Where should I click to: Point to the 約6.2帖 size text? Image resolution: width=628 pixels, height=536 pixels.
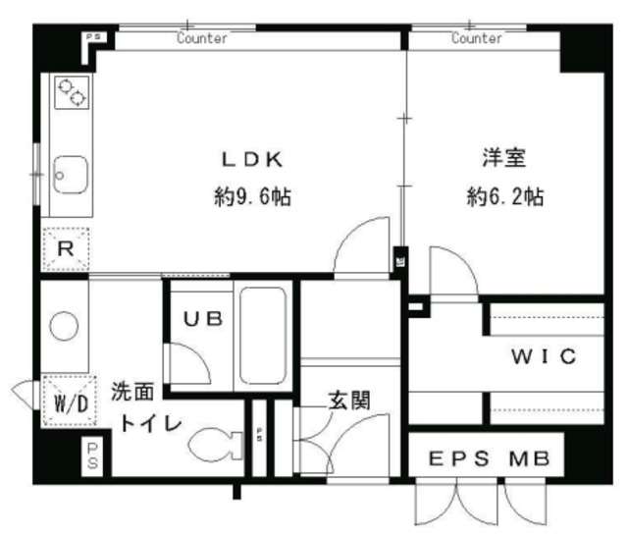[504, 196]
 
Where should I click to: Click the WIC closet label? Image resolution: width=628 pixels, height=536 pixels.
[543, 355]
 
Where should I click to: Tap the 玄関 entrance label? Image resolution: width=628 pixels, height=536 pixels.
[348, 401]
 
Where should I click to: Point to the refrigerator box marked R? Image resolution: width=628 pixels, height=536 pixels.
[66, 249]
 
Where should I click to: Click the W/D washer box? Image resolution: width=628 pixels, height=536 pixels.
[66, 402]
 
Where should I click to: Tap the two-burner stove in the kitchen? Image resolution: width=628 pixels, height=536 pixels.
[71, 95]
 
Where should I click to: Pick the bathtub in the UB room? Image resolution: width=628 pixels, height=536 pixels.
[262, 336]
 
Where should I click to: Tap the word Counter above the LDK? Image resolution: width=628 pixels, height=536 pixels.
[202, 38]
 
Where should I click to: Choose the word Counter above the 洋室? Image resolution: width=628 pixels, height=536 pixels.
[477, 38]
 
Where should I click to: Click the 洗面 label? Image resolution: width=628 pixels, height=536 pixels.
[131, 391]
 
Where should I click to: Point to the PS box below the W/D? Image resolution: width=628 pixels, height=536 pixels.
[92, 455]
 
